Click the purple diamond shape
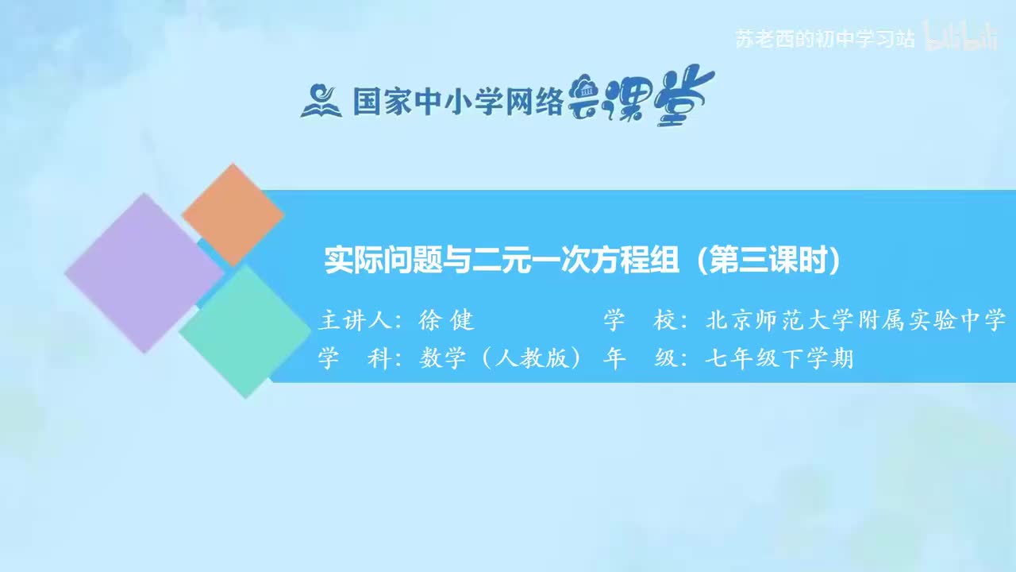point(143,272)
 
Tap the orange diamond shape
point(233,214)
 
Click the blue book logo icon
point(321,102)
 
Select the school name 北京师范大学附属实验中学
point(856,320)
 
